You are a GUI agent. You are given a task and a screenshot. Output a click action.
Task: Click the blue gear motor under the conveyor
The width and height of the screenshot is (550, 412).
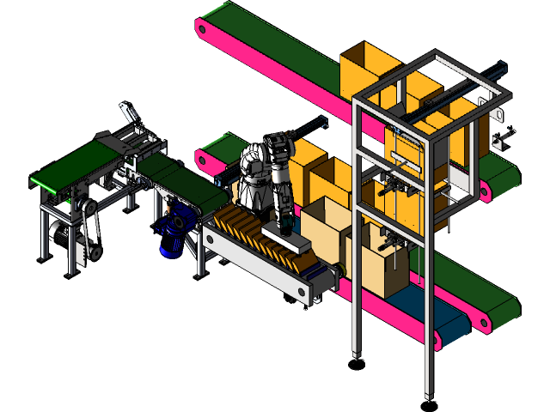pyautogui.click(x=173, y=232)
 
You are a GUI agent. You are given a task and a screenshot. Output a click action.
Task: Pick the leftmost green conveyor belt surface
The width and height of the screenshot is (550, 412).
pyautogui.click(x=74, y=167)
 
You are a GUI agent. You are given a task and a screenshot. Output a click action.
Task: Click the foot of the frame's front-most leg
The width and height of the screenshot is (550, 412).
pyautogui.click(x=427, y=397)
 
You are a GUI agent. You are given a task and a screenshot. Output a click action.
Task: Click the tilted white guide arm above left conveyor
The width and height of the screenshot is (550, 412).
pyautogui.click(x=129, y=112)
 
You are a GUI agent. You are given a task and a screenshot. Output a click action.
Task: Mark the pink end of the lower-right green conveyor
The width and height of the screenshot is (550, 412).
pyautogui.click(x=486, y=322)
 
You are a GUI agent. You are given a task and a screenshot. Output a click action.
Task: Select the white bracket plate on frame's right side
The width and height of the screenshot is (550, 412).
pyautogui.click(x=497, y=120)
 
